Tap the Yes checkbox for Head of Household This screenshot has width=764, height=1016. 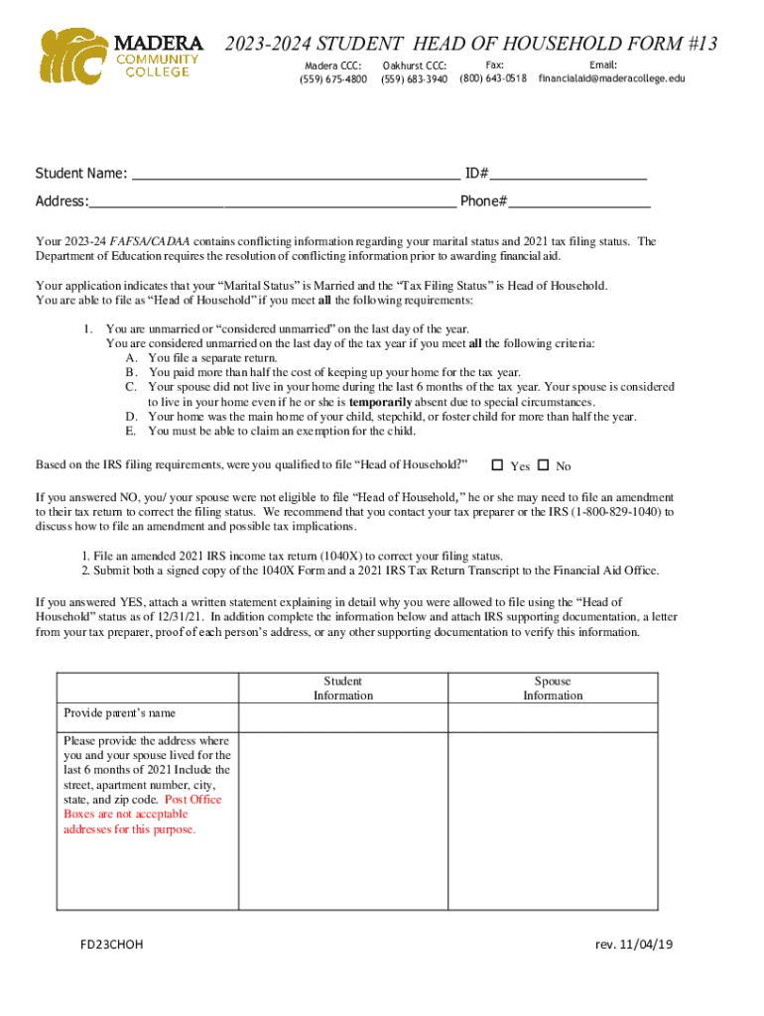pos(498,465)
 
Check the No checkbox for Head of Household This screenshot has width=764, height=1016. pos(543,465)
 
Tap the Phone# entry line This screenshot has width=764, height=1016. pos(579,202)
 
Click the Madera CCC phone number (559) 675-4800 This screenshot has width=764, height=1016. pos(332,78)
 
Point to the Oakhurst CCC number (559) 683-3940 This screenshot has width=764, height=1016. pos(414,78)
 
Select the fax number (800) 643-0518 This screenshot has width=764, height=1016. pos(493,78)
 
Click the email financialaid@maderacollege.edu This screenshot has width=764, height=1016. pos(611,78)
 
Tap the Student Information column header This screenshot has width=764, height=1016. pos(343,688)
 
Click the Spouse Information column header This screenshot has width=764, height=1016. pos(553,688)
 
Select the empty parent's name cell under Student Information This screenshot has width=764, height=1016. pos(343,717)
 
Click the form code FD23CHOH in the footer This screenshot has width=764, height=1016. pos(112,945)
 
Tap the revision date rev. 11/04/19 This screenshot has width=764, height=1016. pos(634,945)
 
